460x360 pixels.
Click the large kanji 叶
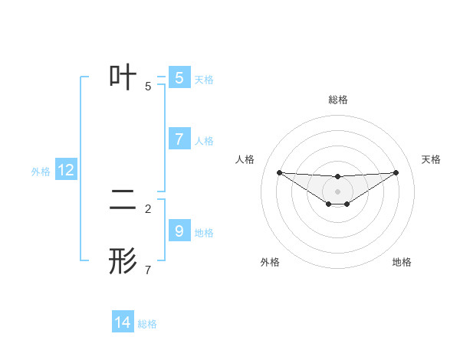[x=123, y=77]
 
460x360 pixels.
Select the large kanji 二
[x=123, y=200]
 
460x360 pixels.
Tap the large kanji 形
[x=123, y=261]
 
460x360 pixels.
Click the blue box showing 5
[x=179, y=78]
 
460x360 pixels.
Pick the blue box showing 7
[x=179, y=139]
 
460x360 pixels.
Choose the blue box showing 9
[x=179, y=231]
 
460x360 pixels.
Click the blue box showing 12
[x=66, y=170]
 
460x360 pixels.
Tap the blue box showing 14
[x=123, y=322]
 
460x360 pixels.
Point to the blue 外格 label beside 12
[x=41, y=172]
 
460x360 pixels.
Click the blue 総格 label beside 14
[x=147, y=324]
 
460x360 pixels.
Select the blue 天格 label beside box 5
[x=204, y=80]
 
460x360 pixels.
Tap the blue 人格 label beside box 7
[x=204, y=141]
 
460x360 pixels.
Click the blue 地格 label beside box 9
[x=204, y=233]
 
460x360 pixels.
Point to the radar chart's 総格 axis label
[x=337, y=100]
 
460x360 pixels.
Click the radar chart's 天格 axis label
[x=432, y=159]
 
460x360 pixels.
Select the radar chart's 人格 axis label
[x=245, y=159]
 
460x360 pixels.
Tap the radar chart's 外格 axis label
[x=270, y=263]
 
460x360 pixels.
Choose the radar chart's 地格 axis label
[x=402, y=263]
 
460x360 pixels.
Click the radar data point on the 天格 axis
[x=396, y=172]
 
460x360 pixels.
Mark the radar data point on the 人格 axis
[x=279, y=172]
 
